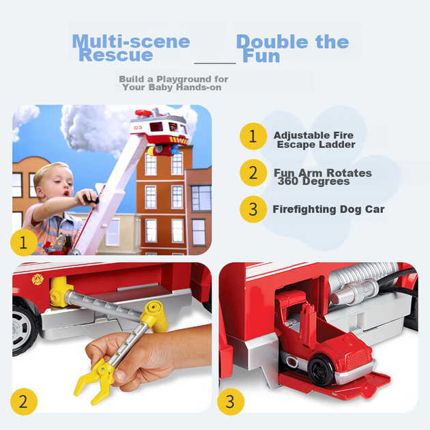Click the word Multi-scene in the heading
(131, 42)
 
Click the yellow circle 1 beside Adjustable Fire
(253, 137)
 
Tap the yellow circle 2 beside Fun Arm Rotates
(253, 173)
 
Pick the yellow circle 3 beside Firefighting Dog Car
(253, 210)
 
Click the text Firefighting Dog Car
(328, 210)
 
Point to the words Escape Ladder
(316, 145)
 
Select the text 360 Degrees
(314, 182)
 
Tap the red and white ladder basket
(159, 129)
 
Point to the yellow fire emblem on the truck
(38, 279)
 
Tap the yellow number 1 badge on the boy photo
(24, 243)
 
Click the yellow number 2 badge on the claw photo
(24, 401)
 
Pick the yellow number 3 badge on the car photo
(231, 401)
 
